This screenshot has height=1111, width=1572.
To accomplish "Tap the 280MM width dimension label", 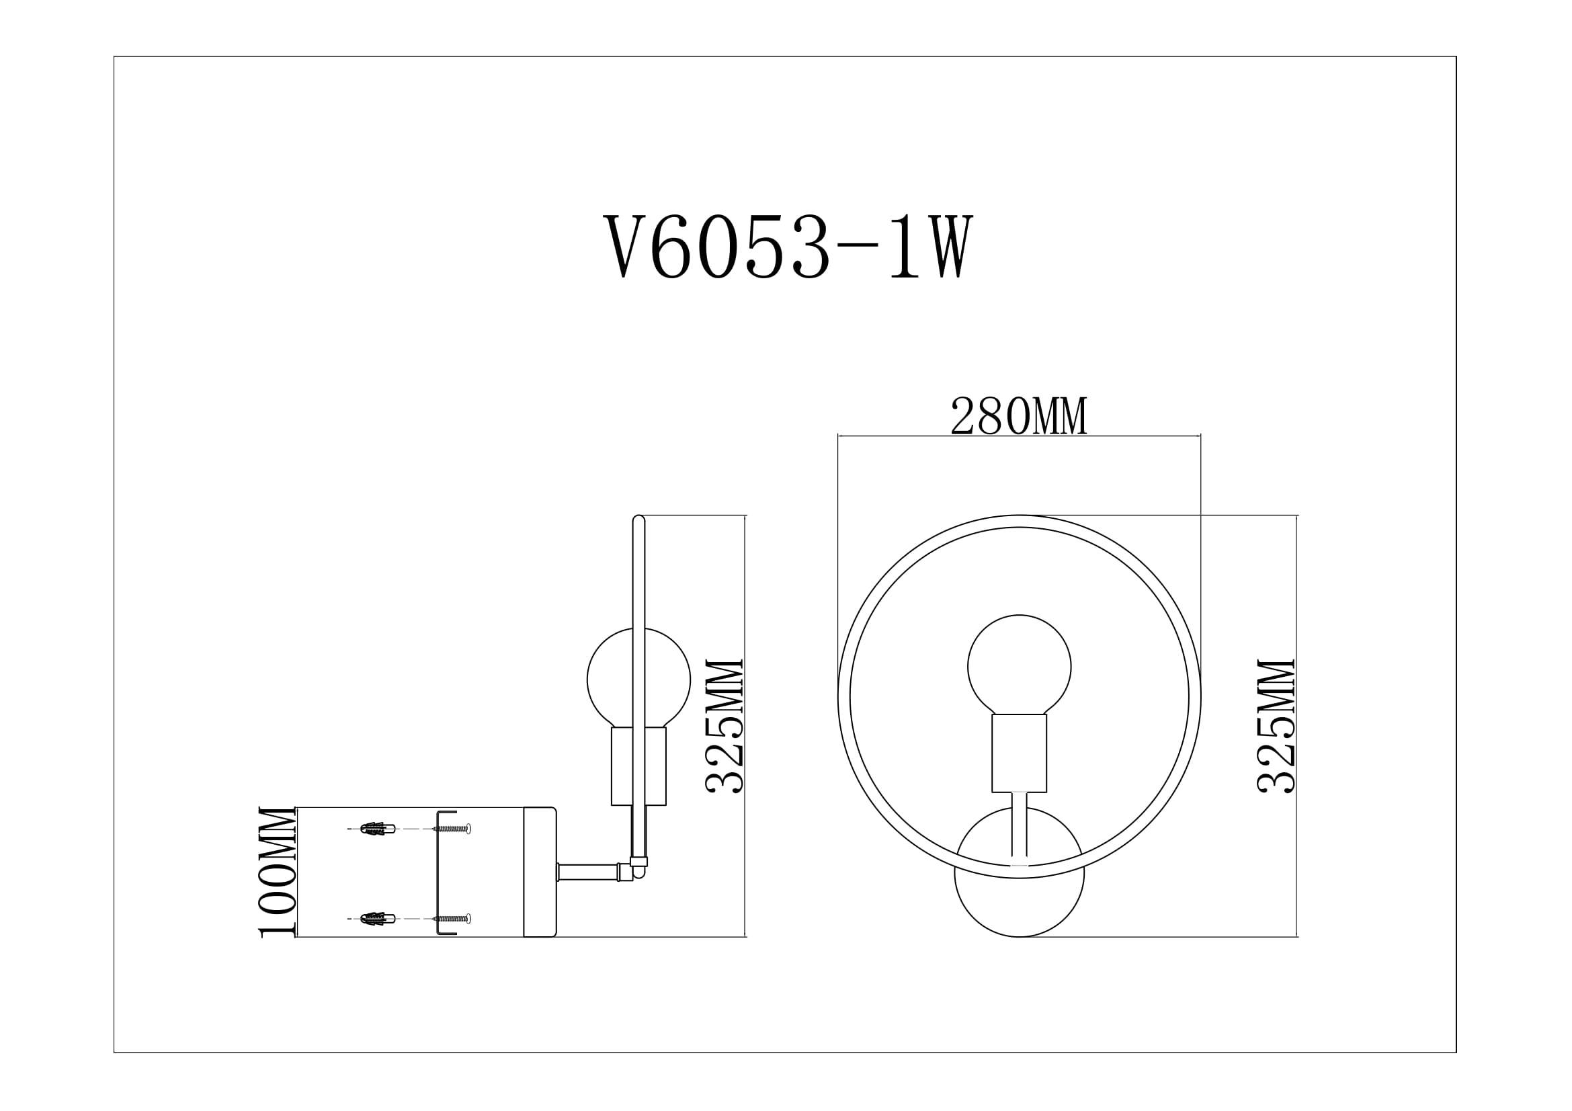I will point(1018,417).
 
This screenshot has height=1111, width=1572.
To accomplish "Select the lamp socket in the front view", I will point(1019,752).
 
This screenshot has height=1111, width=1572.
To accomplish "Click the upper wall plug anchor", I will point(377,829).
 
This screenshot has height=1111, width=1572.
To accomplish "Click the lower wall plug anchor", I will point(377,918).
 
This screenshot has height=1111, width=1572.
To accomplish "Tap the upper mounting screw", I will point(452,829).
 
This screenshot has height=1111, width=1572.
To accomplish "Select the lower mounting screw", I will point(452,918).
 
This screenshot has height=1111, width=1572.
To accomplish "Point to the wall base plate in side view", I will point(540,872).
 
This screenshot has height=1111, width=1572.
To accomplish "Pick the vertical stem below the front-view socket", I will point(1019,828).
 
